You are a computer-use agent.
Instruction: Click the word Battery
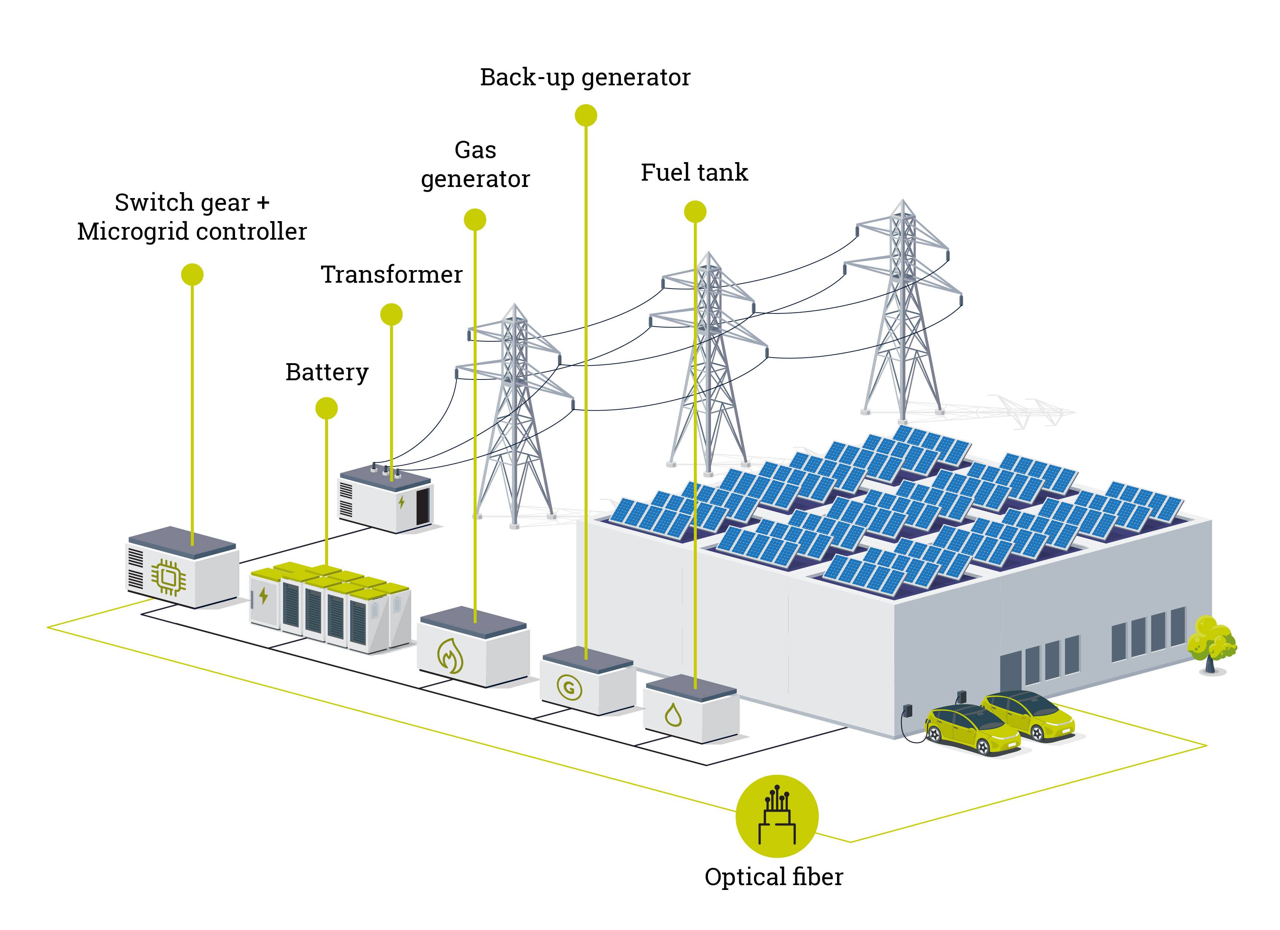pyautogui.click(x=327, y=373)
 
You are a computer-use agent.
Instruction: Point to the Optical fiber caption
pyautogui.click(x=773, y=877)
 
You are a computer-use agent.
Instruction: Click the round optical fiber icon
pyautogui.click(x=777, y=816)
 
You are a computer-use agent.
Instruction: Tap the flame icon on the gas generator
pyautogui.click(x=450, y=656)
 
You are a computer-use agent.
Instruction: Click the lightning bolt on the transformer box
pyautogui.click(x=401, y=502)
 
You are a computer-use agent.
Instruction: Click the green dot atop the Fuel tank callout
pyautogui.click(x=695, y=212)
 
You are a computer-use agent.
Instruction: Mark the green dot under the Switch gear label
pyautogui.click(x=192, y=275)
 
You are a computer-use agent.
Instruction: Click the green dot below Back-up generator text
pyautogui.click(x=586, y=115)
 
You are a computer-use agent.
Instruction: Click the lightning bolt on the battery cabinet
pyautogui.click(x=263, y=595)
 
